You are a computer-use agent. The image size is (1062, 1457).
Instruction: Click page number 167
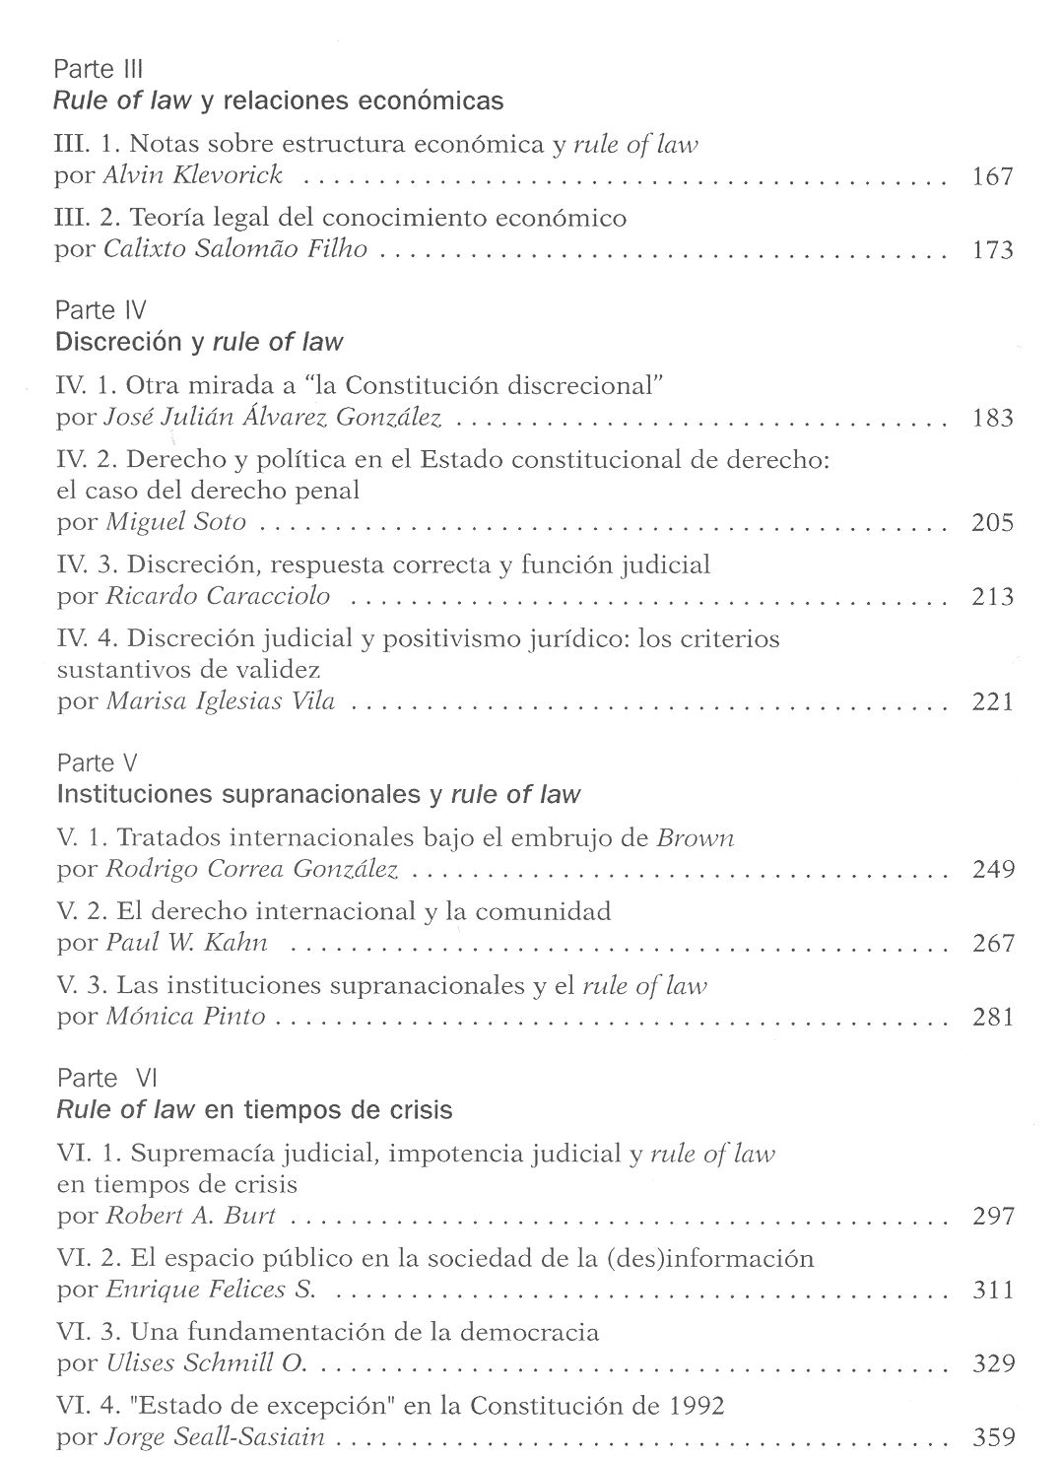pos(992,177)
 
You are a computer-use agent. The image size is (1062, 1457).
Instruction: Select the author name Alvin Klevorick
pos(193,175)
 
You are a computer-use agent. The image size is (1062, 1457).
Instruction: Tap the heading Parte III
pos(99,69)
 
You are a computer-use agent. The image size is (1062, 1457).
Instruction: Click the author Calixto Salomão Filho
pos(235,249)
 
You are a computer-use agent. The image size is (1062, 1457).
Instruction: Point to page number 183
pos(992,418)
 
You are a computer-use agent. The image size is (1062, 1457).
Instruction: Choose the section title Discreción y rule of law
pos(200,342)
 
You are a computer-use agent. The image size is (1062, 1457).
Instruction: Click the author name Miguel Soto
pos(175,522)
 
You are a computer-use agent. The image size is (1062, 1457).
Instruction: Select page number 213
pos(992,596)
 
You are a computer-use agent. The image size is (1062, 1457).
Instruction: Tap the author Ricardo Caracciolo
pos(218,596)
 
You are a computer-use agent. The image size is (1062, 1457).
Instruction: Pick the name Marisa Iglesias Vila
pos(220,701)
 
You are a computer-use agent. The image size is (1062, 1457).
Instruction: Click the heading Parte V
pos(97,763)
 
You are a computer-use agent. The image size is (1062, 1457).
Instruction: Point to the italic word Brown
pos(695,838)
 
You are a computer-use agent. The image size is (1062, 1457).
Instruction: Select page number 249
pos(992,869)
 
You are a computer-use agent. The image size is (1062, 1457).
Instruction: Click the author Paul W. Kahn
pos(186,943)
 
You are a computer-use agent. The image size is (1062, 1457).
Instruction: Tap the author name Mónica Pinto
pos(185,1017)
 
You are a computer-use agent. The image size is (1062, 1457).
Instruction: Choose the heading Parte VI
pos(101,1079)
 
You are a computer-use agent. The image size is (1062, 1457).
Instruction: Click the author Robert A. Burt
pos(190,1216)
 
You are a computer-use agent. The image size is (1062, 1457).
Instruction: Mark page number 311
pos(992,1290)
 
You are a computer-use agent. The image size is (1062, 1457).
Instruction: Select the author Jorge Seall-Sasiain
pos(215,1437)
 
